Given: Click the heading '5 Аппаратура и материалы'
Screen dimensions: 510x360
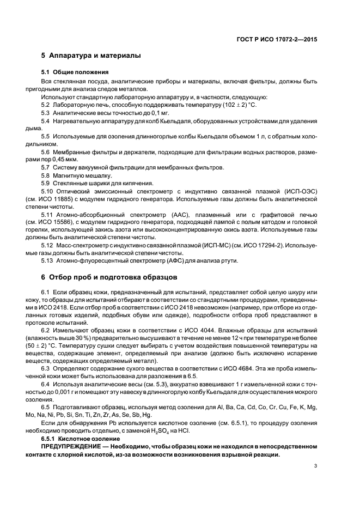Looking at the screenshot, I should (91, 56).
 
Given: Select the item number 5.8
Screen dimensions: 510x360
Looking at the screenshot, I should (47, 175).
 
